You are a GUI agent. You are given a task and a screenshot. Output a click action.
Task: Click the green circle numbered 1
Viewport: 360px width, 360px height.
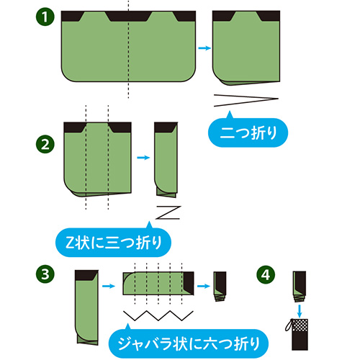[45, 17]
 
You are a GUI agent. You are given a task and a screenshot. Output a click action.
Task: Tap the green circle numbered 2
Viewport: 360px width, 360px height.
[45, 145]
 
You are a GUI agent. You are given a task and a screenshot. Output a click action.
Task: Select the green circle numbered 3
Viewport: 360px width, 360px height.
[45, 274]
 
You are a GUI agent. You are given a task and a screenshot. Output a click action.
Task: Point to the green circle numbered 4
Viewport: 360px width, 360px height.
[266, 275]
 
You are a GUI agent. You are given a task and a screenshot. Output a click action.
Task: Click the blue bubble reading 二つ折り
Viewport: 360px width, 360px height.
[248, 132]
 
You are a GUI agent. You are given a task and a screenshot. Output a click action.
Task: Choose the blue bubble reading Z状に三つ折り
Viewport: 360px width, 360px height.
[113, 242]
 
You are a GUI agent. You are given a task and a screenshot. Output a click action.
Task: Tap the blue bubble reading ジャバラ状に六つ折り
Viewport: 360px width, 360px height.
[189, 343]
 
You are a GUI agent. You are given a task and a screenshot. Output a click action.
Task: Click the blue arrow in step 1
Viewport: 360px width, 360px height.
[204, 48]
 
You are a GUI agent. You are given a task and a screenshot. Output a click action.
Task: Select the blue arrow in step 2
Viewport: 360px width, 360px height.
[143, 158]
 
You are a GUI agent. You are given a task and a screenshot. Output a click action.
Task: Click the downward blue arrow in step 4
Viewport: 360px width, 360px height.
[300, 311]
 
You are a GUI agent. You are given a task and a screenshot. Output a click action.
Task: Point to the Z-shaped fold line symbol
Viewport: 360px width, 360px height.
[168, 212]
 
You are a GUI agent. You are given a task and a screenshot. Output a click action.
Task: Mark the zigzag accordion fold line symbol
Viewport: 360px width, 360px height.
[158, 315]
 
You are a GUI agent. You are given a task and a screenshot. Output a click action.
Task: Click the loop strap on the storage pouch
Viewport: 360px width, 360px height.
[288, 326]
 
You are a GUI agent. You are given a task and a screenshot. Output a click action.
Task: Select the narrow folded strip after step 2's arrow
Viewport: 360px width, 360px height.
[166, 160]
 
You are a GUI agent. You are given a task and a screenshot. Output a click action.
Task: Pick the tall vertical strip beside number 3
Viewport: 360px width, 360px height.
[86, 307]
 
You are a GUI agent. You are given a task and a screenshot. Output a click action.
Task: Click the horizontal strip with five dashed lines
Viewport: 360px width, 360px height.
[158, 284]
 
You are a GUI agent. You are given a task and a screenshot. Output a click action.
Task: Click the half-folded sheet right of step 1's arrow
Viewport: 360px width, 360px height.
[246, 48]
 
